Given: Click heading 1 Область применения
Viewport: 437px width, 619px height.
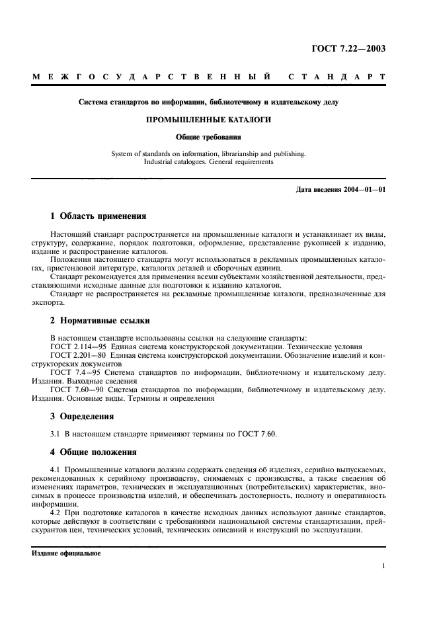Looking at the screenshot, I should (x=94, y=216).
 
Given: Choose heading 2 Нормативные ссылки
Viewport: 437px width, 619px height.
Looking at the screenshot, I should (x=100, y=320).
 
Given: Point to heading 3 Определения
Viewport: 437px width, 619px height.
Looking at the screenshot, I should (x=82, y=417).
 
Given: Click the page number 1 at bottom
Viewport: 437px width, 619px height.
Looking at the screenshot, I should (x=383, y=566).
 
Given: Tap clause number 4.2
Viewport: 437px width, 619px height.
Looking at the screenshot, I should (x=56, y=514).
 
